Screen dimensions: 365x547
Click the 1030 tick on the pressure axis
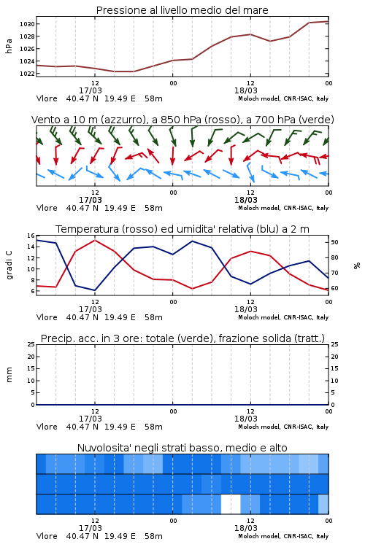click(27, 24)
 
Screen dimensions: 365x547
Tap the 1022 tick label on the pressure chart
click(27, 74)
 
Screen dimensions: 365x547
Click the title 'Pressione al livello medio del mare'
click(182, 10)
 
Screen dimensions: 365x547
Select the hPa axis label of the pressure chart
click(9, 46)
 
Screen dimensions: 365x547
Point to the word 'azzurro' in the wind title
click(122, 120)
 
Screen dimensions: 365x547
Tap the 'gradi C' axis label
click(9, 265)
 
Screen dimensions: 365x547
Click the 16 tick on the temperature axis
click(31, 236)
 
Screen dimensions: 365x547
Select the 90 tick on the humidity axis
click(334, 242)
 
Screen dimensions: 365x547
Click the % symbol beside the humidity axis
click(357, 265)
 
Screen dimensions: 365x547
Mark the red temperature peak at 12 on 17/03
click(95, 240)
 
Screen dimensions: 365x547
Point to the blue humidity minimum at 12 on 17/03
click(95, 290)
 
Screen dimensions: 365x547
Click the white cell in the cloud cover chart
click(231, 504)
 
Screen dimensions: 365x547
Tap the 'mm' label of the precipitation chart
click(9, 375)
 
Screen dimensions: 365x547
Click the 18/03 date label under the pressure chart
click(246, 90)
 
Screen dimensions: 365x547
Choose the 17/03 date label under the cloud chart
click(91, 528)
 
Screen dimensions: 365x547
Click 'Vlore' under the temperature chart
click(47, 317)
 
